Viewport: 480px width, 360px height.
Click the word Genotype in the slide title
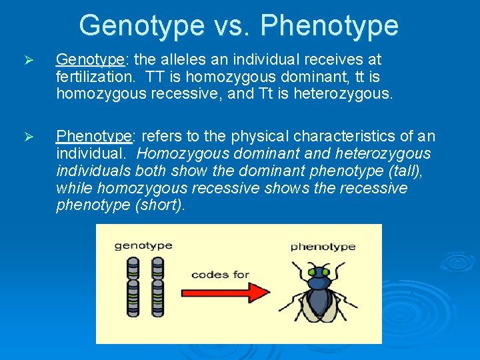click(141, 26)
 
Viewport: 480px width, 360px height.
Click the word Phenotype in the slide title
click(329, 26)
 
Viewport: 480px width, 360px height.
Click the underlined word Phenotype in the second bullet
click(95, 137)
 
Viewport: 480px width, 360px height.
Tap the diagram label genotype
click(143, 245)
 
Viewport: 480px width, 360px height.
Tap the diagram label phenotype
click(323, 246)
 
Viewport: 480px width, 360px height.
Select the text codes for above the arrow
click(220, 274)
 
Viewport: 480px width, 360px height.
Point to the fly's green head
click(319, 272)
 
